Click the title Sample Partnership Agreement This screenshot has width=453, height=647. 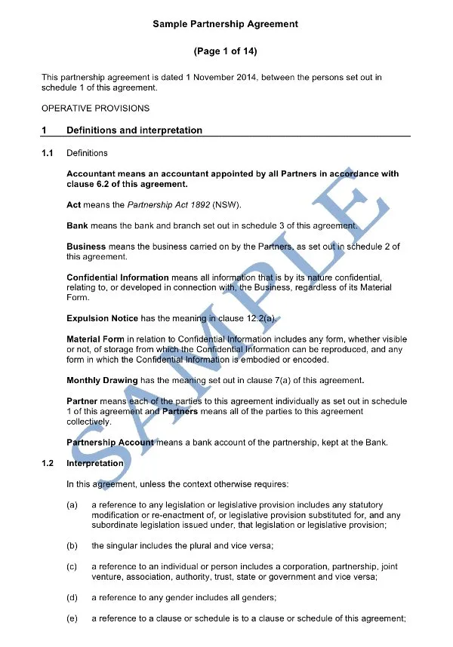[225, 24]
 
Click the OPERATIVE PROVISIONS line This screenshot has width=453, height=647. [95, 108]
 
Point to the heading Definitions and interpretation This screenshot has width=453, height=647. [134, 130]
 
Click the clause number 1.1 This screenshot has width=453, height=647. [48, 153]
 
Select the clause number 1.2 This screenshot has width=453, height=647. [48, 463]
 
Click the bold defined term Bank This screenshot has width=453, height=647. [77, 225]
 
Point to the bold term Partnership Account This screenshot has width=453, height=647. [110, 442]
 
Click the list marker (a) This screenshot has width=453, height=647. [72, 504]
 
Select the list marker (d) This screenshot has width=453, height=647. [72, 598]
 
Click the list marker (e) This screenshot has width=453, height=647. [72, 619]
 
